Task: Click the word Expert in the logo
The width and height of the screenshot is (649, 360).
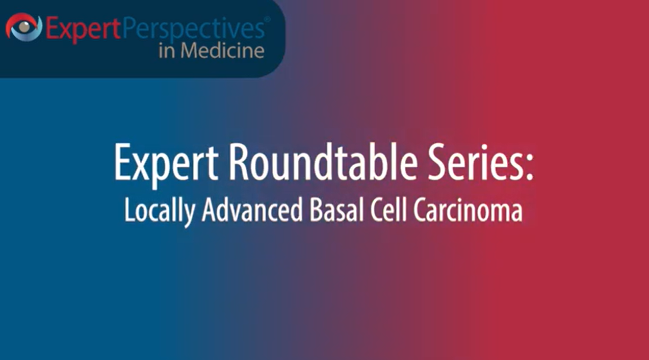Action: tap(82, 29)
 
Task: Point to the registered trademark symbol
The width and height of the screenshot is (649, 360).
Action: tap(267, 19)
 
